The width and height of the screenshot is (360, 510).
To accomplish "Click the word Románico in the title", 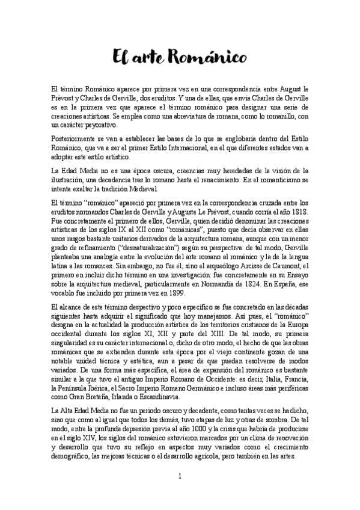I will pos(213,58).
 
